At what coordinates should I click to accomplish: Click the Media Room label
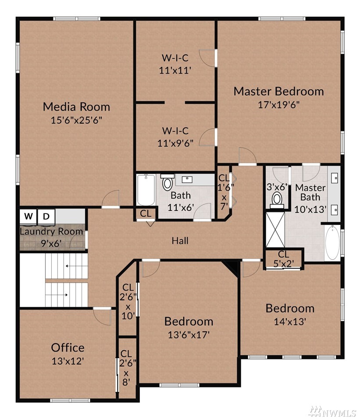click(76, 107)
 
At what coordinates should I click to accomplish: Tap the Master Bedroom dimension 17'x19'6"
click(278, 104)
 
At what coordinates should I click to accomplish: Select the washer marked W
click(28, 216)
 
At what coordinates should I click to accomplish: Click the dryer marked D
click(46, 216)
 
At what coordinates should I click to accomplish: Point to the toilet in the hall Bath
click(168, 182)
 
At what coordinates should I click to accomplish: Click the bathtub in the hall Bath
click(146, 189)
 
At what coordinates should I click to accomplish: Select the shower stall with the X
click(275, 230)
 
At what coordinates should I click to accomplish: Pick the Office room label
click(68, 348)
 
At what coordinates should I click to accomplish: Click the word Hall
click(180, 241)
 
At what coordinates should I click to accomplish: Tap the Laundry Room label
click(51, 231)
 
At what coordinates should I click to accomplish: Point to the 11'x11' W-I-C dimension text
click(175, 70)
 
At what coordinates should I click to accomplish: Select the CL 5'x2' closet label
click(284, 259)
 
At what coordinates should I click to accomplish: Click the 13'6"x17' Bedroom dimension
click(189, 334)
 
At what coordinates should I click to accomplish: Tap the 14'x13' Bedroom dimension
click(290, 321)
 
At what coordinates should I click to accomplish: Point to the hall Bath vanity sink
click(187, 179)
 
